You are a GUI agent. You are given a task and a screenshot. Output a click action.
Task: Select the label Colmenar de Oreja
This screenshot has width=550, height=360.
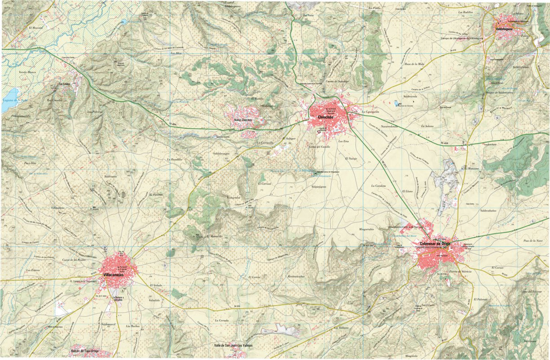(x=432, y=243)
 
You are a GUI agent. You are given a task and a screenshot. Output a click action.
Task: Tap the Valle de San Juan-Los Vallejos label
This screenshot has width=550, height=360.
(x=233, y=345)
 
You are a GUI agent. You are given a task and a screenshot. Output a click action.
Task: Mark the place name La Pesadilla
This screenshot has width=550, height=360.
(x=174, y=159)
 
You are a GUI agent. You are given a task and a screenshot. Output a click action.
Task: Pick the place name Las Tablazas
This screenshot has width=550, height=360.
(x=341, y=328)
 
